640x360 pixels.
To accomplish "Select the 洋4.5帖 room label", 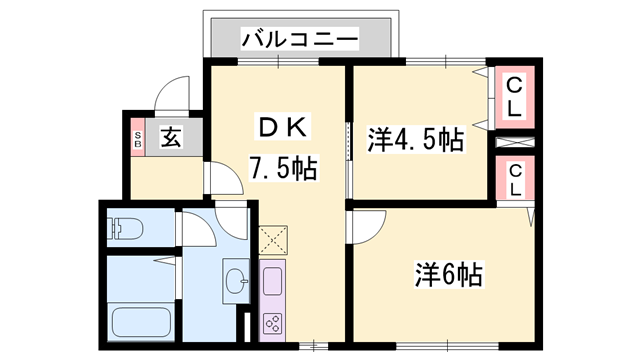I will (x=416, y=140).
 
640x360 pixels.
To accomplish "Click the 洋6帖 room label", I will (x=449, y=272).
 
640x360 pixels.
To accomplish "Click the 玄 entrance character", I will (x=170, y=139).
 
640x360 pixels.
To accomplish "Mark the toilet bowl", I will (x=128, y=229).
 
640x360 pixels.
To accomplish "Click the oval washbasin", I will (x=237, y=279).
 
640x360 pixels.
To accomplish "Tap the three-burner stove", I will (x=273, y=323).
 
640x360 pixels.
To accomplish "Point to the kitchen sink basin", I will (x=273, y=279).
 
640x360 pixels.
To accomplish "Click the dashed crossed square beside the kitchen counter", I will (x=273, y=240).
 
